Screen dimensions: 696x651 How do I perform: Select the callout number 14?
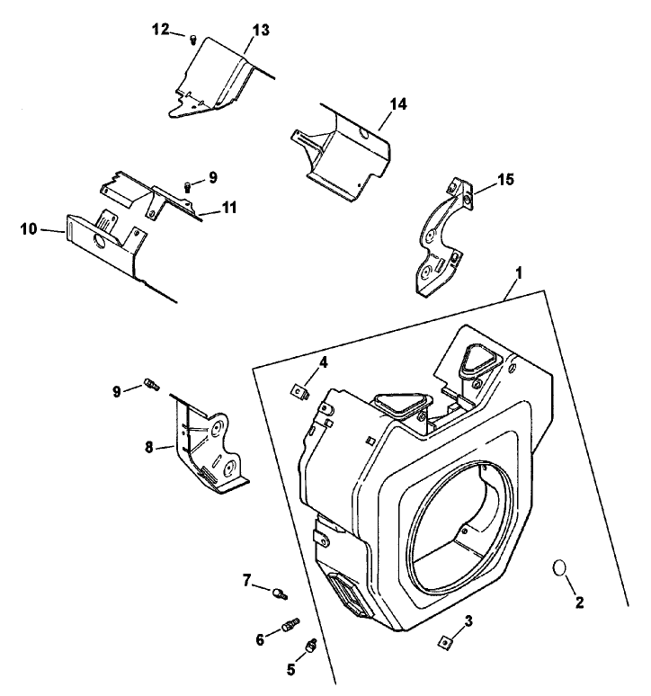click(397, 104)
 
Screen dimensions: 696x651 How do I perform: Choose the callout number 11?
click(230, 208)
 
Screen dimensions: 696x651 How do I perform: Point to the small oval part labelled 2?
click(558, 569)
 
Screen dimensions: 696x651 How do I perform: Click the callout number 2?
click(579, 602)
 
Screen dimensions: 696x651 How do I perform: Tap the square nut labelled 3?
click(444, 641)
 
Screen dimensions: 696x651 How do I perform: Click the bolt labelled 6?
click(290, 624)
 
